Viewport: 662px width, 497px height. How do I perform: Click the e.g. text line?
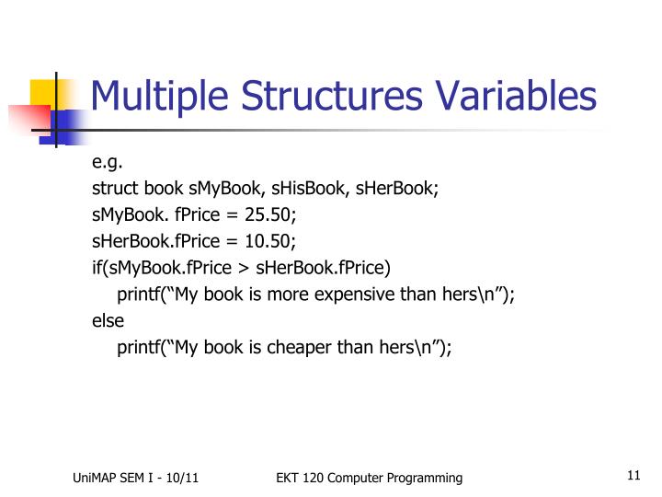pos(107,164)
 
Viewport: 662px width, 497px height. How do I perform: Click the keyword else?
pos(107,321)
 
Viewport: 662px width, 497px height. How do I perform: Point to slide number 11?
pos(632,476)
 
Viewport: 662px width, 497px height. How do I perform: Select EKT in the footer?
pos(288,478)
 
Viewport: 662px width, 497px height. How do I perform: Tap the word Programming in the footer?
pos(424,478)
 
